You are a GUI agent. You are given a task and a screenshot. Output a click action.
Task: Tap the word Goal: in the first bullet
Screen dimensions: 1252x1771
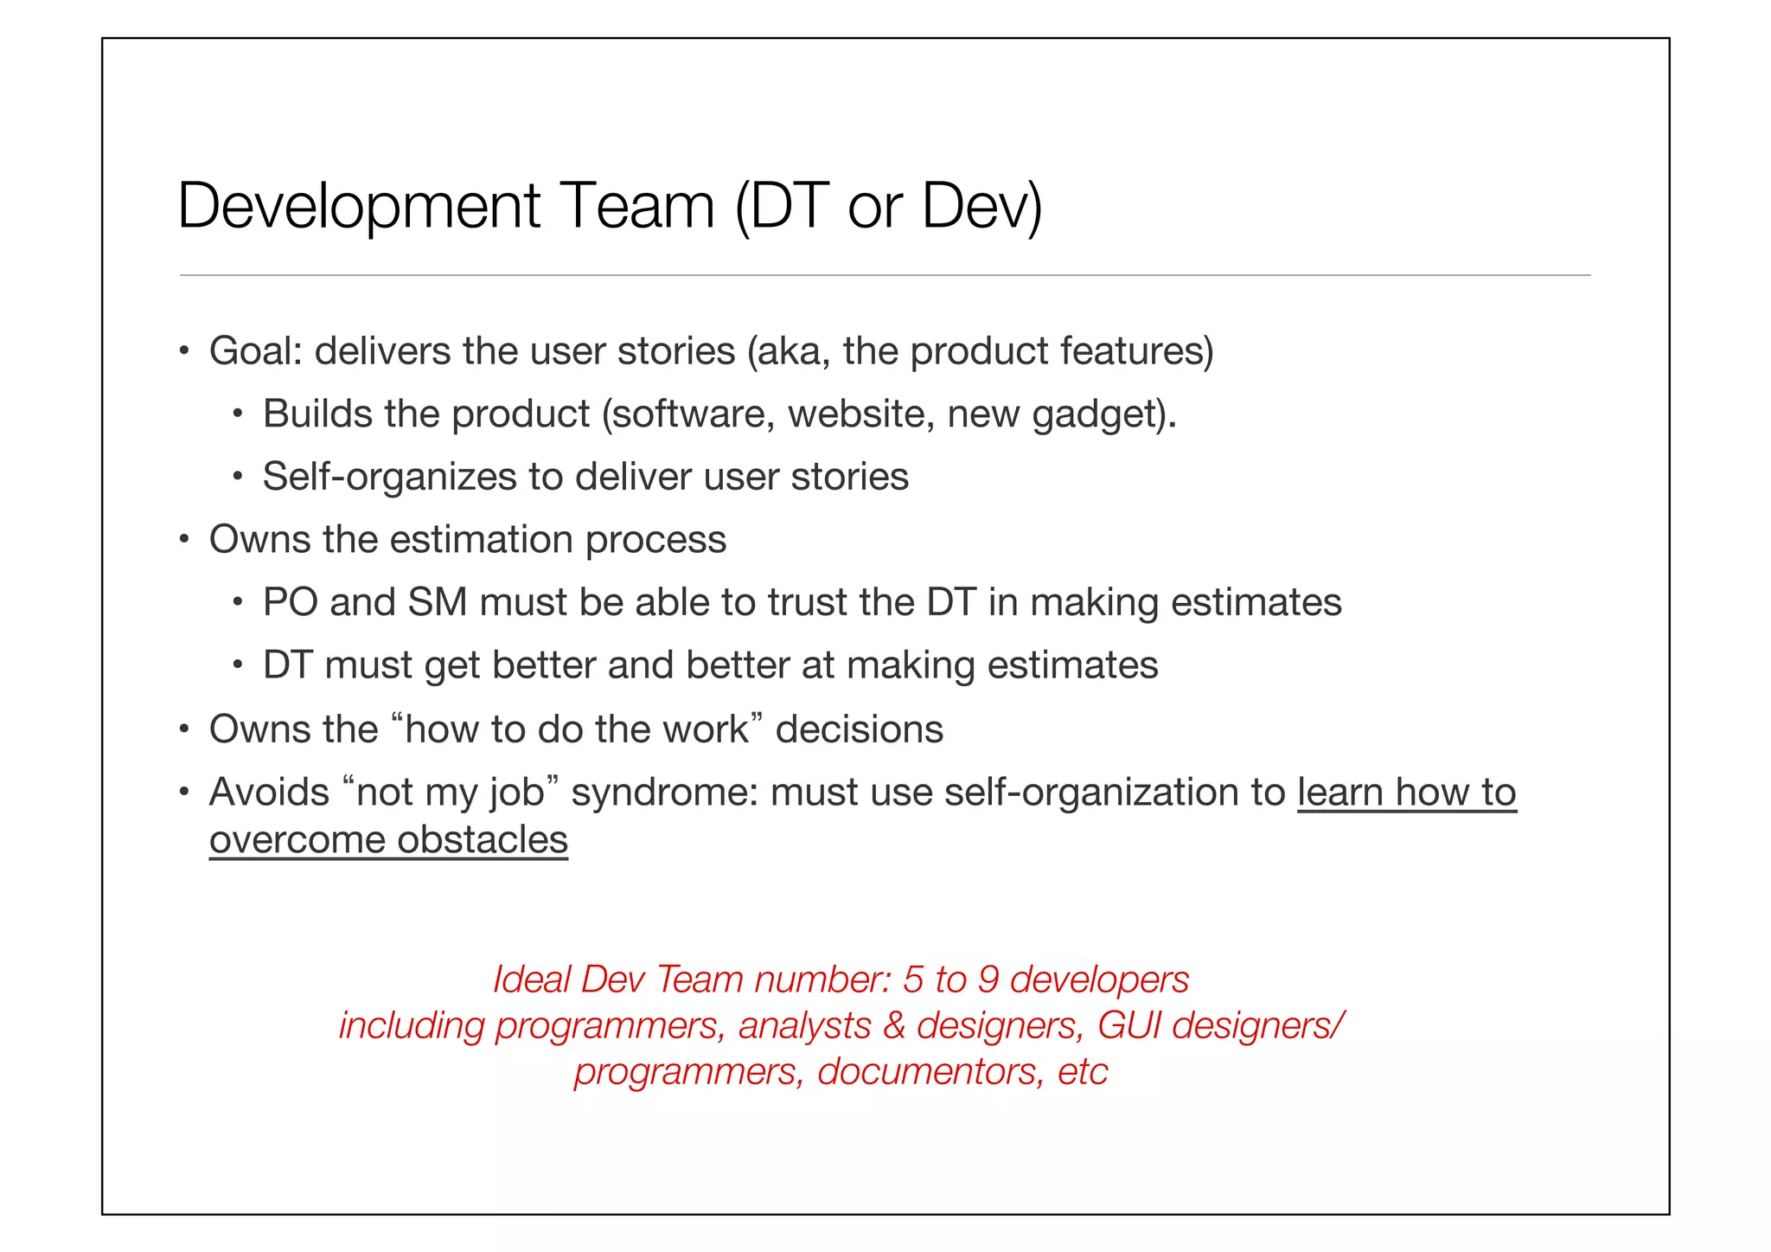pyautogui.click(x=256, y=351)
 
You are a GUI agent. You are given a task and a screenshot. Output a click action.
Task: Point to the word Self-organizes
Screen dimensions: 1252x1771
pyautogui.click(x=389, y=477)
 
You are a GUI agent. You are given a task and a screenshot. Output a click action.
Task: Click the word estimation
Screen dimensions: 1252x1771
pyautogui.click(x=482, y=540)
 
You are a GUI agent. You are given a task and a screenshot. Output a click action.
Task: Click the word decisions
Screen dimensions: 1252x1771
pyautogui.click(x=859, y=729)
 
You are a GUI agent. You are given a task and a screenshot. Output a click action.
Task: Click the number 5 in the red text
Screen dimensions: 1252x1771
pyautogui.click(x=913, y=979)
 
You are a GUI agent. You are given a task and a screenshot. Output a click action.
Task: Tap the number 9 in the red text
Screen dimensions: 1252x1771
pyautogui.click(x=988, y=979)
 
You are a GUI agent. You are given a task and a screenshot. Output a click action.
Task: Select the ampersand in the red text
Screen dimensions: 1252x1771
pyautogui.click(x=894, y=1025)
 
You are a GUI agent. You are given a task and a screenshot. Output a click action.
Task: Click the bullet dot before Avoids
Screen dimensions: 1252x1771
pyautogui.click(x=183, y=793)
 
